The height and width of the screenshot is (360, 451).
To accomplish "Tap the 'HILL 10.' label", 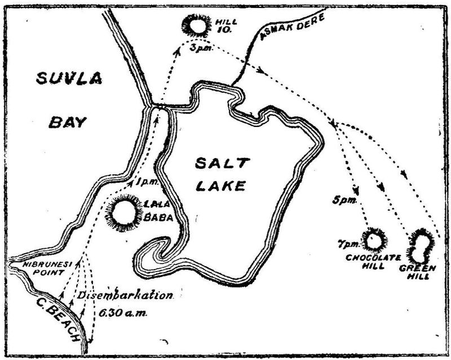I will (225, 25).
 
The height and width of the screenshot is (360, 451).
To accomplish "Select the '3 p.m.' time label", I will (199, 50).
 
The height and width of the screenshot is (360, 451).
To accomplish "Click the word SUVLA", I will (68, 79).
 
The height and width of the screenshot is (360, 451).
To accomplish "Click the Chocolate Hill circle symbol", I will (373, 240).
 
